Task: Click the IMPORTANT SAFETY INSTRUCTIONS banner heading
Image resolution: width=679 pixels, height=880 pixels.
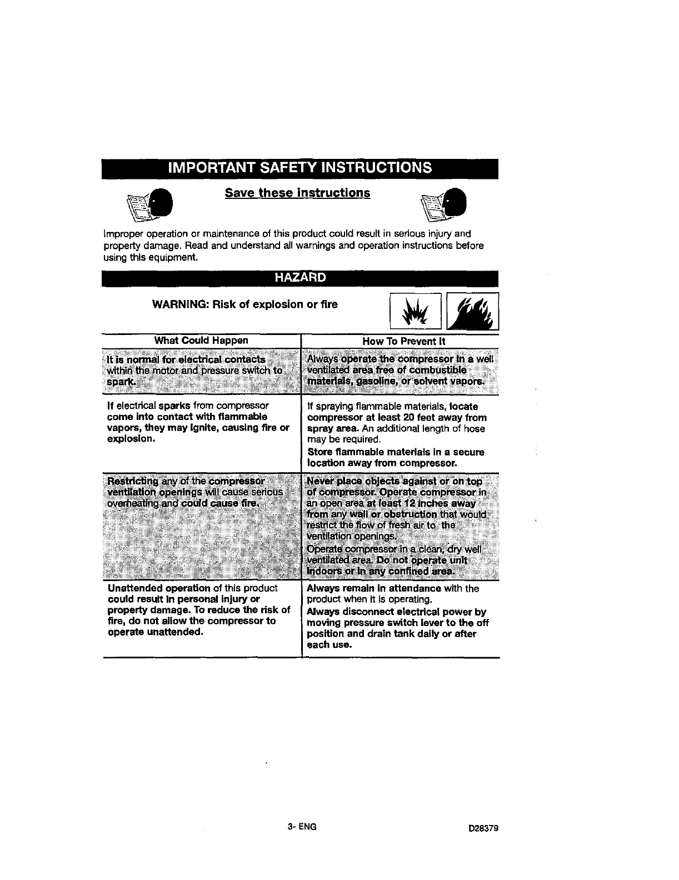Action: click(x=299, y=168)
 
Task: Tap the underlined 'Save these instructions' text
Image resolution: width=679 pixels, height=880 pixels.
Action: click(x=297, y=193)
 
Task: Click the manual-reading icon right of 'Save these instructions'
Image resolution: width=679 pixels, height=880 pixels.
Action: click(x=445, y=204)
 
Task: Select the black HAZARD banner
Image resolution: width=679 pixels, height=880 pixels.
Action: click(x=299, y=278)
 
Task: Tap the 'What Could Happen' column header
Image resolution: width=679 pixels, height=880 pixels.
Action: click(x=201, y=340)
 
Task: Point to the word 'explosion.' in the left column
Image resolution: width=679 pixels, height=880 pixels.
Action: click(x=131, y=439)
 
